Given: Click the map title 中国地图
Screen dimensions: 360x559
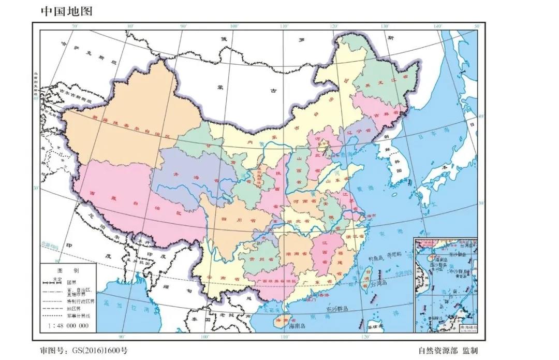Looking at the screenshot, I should pos(66,11).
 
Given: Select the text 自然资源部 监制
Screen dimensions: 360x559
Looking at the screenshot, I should pos(448,351).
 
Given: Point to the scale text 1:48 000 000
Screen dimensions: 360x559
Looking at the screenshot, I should pos(68,326).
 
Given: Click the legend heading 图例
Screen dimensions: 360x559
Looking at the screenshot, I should pos(68,271).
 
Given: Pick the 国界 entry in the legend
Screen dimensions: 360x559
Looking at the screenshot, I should pos(72,282).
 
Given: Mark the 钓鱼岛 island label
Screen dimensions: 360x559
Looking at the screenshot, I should pos(375,257).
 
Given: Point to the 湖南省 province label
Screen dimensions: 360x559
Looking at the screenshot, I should pos(296,254).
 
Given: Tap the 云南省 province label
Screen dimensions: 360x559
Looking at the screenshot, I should pos(217,278).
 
